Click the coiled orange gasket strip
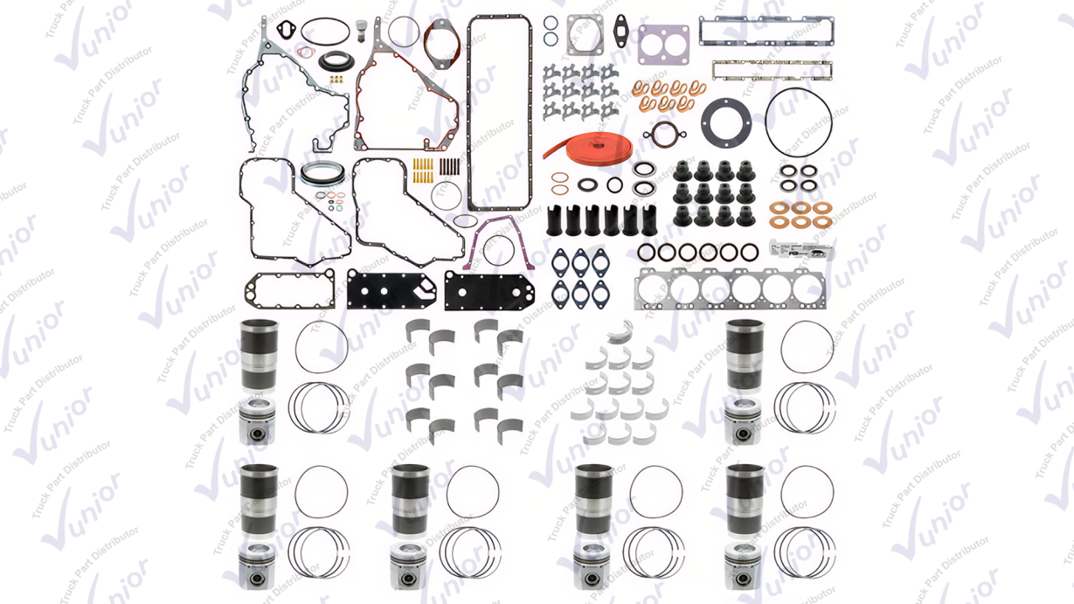587,146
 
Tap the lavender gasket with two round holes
663,45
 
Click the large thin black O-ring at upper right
766,122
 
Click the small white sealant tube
801,250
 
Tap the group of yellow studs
423,171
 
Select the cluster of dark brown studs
449,166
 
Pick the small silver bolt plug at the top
361,31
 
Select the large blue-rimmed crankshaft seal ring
322,174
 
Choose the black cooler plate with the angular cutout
391,290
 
